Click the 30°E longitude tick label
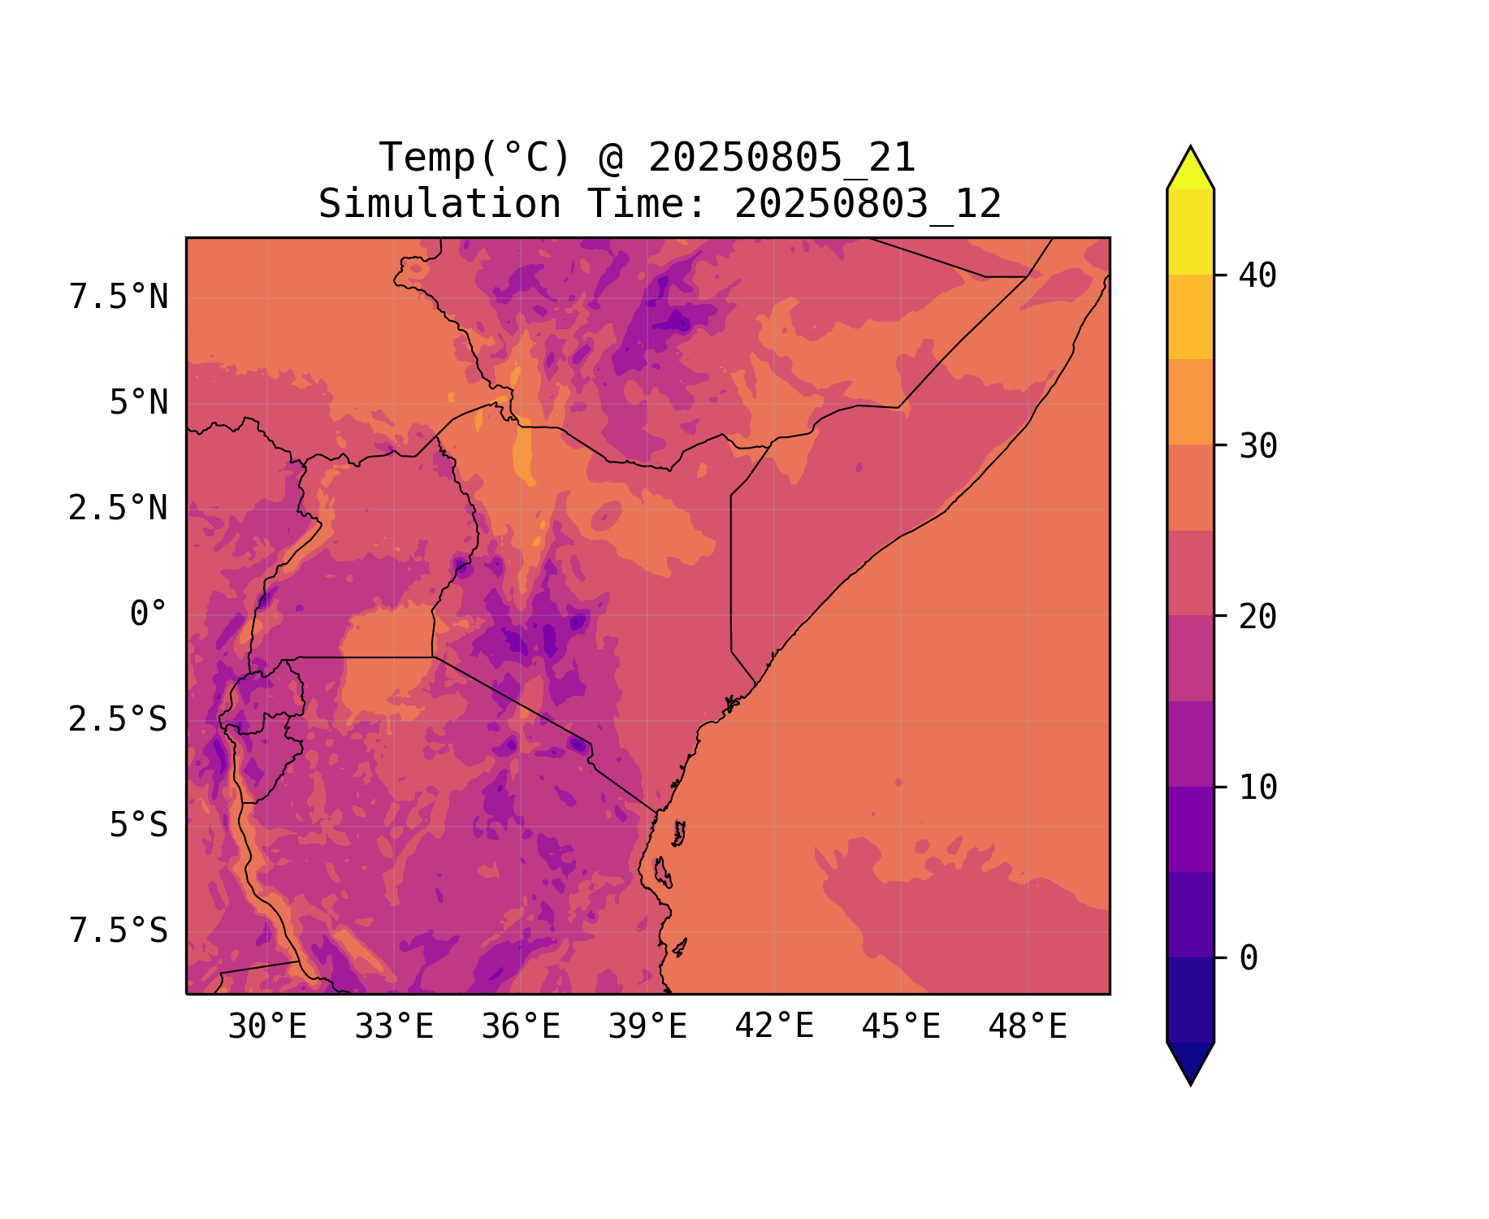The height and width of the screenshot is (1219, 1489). (x=267, y=1027)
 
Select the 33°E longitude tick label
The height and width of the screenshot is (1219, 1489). (x=394, y=1027)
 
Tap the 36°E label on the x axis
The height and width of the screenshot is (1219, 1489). (x=521, y=1027)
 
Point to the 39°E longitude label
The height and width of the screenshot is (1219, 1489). (x=647, y=1027)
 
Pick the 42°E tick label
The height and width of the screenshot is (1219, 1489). (x=774, y=1027)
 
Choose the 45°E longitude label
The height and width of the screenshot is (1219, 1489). (x=901, y=1027)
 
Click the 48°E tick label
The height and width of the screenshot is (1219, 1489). (x=1028, y=1027)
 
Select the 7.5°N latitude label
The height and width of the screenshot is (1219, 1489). (x=119, y=297)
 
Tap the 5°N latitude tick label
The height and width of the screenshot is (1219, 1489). (x=139, y=403)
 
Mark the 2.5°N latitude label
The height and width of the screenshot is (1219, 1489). (x=119, y=509)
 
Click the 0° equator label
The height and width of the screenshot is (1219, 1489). (x=149, y=614)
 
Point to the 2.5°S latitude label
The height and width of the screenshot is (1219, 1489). (x=119, y=720)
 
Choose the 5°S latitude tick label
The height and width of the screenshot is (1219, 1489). (x=139, y=826)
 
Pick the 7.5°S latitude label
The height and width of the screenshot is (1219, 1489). (x=119, y=931)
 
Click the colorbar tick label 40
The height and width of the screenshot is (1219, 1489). (x=1258, y=275)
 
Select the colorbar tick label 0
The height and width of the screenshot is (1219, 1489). (x=1249, y=959)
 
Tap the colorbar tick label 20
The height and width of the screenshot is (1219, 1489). (x=1258, y=617)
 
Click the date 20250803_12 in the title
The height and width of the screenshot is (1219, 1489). (x=868, y=204)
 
